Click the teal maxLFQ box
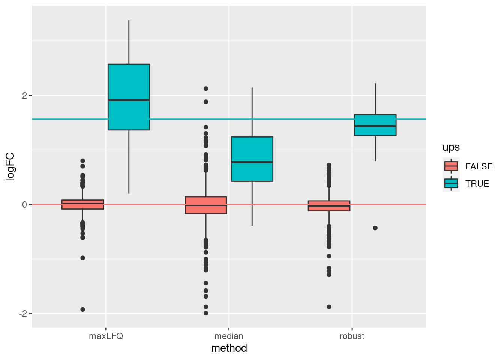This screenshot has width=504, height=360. [129, 97]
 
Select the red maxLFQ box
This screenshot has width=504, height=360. [83, 204]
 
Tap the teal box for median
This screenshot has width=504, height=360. [252, 159]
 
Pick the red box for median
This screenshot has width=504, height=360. [206, 205]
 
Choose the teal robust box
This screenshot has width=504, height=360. [375, 125]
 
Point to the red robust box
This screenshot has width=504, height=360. [329, 206]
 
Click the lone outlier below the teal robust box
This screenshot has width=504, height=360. [375, 228]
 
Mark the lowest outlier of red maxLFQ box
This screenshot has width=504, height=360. [83, 309]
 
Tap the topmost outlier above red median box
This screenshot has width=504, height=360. [206, 88]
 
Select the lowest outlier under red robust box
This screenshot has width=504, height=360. [329, 307]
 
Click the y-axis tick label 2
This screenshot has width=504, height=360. [24, 96]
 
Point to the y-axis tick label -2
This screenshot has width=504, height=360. [23, 313]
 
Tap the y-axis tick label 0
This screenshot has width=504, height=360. [24, 205]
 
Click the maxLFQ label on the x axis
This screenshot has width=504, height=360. [106, 336]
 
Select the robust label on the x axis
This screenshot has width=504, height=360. [352, 336]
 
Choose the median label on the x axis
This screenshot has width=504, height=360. [229, 336]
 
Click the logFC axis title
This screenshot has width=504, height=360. [10, 166]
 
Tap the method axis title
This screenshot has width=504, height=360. [229, 348]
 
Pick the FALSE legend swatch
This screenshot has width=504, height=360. [451, 166]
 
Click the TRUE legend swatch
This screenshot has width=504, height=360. [451, 184]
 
